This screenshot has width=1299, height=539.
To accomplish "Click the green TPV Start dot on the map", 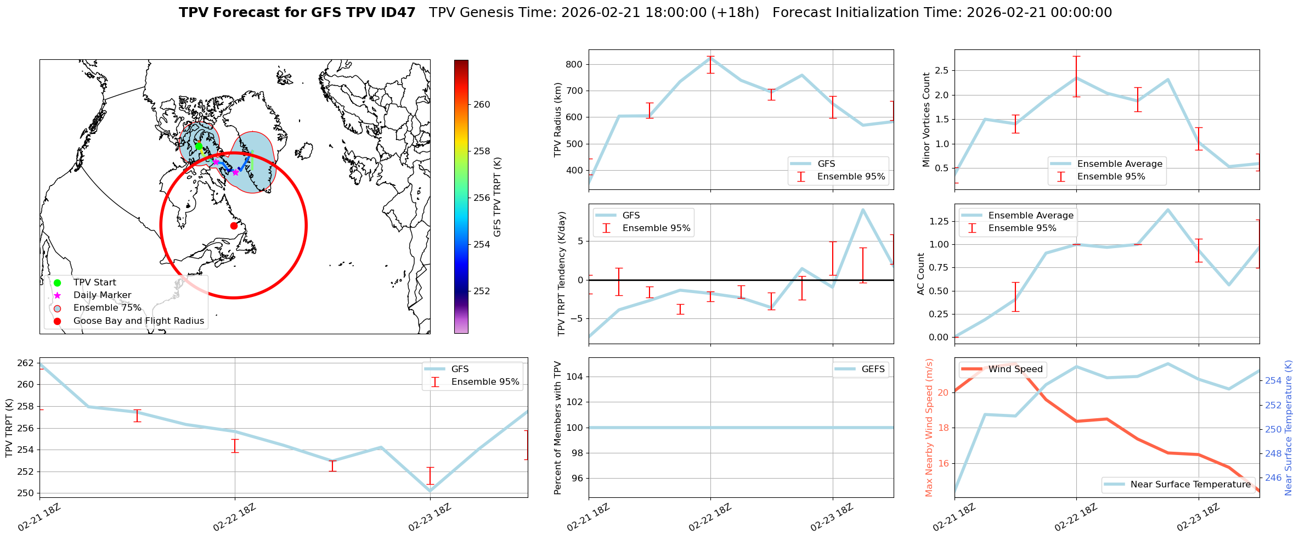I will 199,146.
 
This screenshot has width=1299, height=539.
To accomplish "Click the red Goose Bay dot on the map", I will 234,226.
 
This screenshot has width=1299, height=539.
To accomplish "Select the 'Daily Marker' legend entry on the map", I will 102,295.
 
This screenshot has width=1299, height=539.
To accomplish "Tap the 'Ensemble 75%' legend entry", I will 107,308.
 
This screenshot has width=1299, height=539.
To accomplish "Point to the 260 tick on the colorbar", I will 482,105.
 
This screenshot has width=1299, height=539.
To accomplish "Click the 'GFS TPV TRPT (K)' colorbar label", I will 498,197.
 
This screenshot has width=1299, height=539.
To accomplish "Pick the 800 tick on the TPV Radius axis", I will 574,65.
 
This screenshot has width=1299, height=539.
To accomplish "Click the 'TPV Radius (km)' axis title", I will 558,120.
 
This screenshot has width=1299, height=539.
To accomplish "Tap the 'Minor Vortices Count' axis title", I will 927,120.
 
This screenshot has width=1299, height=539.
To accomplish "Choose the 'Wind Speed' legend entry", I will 1015,369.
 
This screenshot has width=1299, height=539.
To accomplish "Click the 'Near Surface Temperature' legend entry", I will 1190,485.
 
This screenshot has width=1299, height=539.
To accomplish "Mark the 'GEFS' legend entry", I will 873,369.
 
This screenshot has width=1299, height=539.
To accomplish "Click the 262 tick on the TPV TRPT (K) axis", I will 25,363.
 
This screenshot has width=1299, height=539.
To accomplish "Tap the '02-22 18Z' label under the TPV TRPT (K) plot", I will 235,517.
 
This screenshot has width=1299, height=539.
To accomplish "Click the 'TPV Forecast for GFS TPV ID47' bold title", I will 297,13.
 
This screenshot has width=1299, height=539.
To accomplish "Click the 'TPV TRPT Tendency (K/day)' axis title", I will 561,274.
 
